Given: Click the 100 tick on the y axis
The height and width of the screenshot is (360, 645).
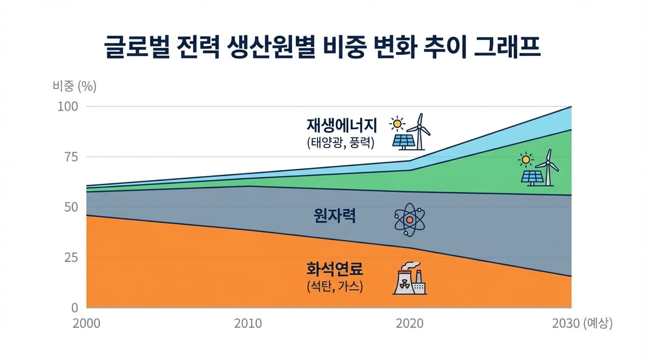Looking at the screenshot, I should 67,106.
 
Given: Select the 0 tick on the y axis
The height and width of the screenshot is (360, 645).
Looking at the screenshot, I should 74,308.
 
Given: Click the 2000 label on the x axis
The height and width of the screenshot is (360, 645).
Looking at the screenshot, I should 87,324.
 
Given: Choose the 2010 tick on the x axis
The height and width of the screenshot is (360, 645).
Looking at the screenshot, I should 248,324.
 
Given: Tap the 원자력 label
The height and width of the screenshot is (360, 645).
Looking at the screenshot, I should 335,216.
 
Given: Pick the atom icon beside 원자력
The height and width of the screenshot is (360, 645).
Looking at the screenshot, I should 409,219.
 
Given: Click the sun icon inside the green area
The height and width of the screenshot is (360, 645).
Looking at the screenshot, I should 525,160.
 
